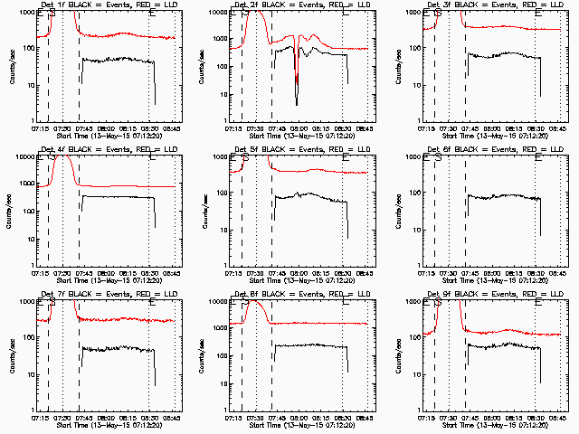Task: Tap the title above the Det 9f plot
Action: (492, 296)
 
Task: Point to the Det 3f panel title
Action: (492, 6)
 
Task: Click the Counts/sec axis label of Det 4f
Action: (10, 211)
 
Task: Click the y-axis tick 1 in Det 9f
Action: (419, 410)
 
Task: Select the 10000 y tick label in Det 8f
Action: (220, 302)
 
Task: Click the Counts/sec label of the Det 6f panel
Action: (396, 211)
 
